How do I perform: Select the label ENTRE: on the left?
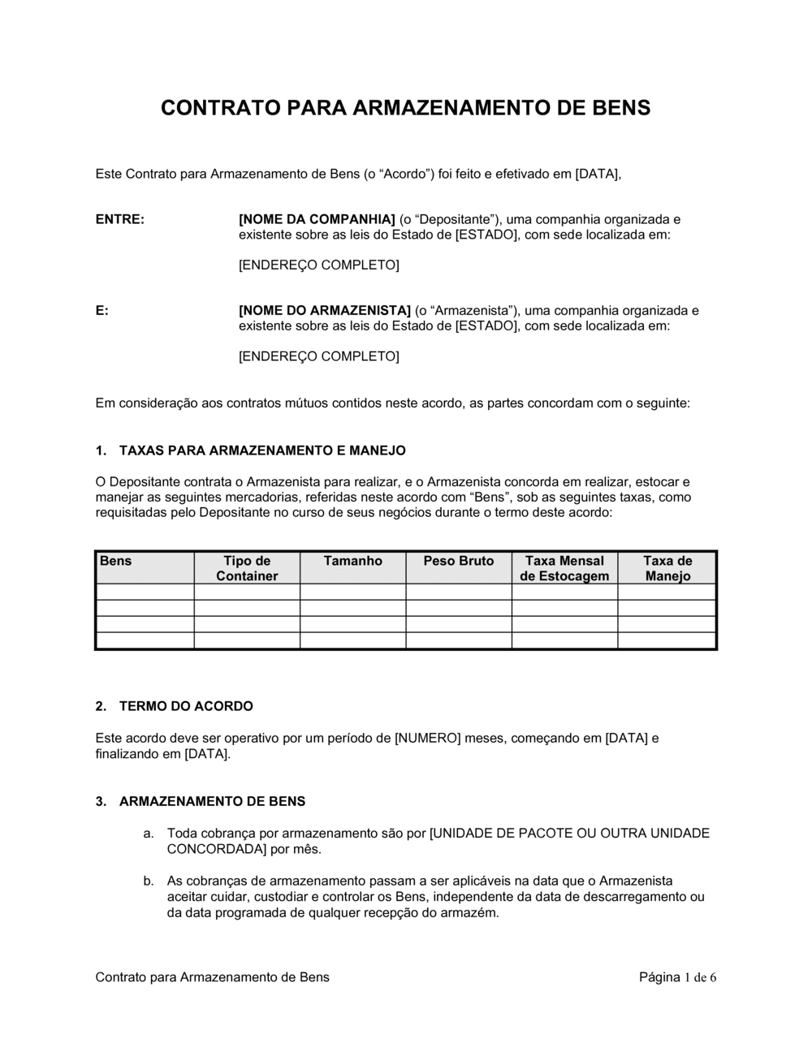coord(120,219)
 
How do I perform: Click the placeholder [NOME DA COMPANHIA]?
coord(317,219)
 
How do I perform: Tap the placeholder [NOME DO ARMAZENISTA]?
coord(325,310)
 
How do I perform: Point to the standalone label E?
coord(102,310)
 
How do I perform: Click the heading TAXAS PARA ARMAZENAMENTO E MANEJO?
coord(262,450)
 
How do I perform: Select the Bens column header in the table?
coord(116,561)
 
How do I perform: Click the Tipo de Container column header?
coord(247,568)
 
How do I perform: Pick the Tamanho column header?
coord(352,561)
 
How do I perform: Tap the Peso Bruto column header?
coord(459,561)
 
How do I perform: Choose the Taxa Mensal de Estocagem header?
coord(564,568)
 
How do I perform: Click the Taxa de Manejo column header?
coord(667,568)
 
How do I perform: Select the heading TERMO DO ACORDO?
coord(186,706)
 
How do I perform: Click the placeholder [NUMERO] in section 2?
coord(427,739)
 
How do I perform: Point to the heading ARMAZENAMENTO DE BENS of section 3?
coord(212,802)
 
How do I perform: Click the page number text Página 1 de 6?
coord(677,977)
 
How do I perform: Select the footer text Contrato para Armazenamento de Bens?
coord(213,977)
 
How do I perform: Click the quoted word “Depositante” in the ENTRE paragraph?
coord(455,219)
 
